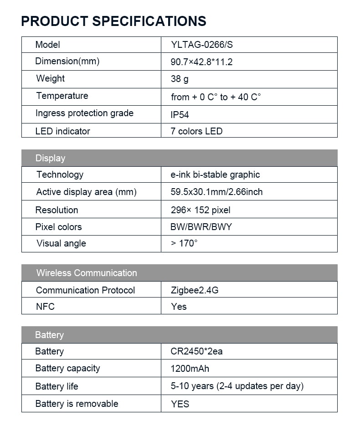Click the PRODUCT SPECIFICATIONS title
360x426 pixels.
point(113,21)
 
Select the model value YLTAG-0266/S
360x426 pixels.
point(202,45)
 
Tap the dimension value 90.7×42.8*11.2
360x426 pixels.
point(201,62)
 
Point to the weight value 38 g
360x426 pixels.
point(180,79)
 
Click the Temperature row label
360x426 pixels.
point(62,96)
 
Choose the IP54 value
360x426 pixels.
point(180,115)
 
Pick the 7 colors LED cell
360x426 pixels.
point(196,131)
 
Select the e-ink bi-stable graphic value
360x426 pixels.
point(215,175)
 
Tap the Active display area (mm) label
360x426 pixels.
point(86,192)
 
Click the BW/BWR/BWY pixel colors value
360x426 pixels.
point(201,227)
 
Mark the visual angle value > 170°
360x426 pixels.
point(184,243)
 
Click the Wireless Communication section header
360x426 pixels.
point(86,273)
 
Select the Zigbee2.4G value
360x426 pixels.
point(195,290)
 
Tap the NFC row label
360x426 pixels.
point(45,307)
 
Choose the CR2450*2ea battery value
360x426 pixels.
point(196,351)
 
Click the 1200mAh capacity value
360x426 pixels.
point(190,369)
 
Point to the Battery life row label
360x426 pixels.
point(57,386)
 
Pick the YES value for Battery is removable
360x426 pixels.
point(180,404)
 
